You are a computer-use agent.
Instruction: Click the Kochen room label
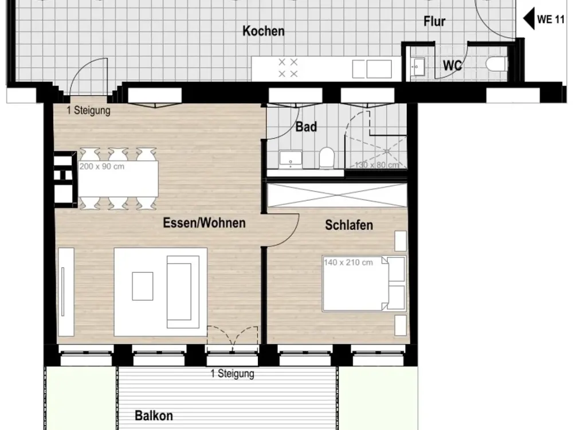(x=264, y=31)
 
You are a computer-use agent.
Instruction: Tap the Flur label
(x=434, y=21)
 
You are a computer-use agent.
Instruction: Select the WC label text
(x=453, y=65)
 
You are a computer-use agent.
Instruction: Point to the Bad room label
(x=306, y=127)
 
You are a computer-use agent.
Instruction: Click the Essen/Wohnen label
(x=204, y=222)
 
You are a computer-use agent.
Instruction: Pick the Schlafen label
(x=349, y=225)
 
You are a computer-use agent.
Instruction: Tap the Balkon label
(x=154, y=415)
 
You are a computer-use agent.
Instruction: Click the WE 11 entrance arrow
(x=529, y=19)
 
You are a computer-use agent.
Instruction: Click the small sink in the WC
(x=417, y=67)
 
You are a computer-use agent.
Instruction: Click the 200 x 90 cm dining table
(x=119, y=178)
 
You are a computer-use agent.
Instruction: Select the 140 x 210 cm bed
(x=364, y=284)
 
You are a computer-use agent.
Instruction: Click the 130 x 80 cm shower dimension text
(x=377, y=165)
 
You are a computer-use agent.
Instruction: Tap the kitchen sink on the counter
(x=372, y=69)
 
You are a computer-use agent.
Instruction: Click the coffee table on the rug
(x=143, y=286)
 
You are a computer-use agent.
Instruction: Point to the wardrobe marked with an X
(x=337, y=195)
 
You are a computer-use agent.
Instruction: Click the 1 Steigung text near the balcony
(x=233, y=374)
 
